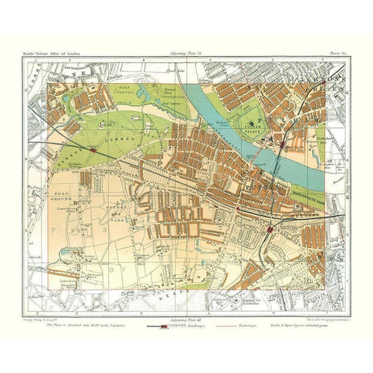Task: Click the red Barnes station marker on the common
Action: (x=93, y=152)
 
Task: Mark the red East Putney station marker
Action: (x=268, y=230)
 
